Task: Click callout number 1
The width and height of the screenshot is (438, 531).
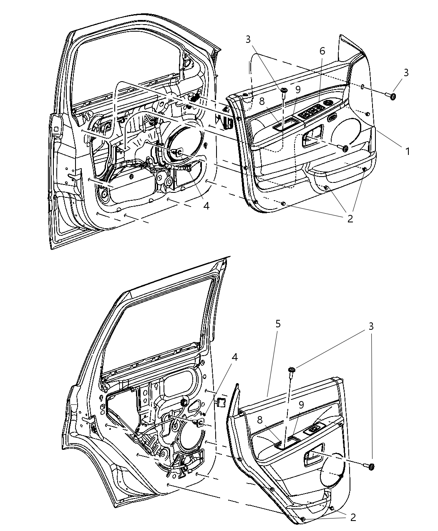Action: [x=407, y=151]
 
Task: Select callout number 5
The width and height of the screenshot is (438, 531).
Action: [x=278, y=324]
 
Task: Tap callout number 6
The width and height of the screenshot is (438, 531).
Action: [x=322, y=51]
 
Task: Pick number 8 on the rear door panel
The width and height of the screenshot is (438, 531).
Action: [x=260, y=420]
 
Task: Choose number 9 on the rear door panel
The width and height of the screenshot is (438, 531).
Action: [x=301, y=404]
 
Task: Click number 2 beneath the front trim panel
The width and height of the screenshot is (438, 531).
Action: [x=350, y=218]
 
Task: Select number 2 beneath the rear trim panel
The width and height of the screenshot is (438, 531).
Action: [x=353, y=517]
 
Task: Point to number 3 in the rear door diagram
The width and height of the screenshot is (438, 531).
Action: [x=370, y=326]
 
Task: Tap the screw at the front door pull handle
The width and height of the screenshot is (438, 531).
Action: [x=345, y=148]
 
